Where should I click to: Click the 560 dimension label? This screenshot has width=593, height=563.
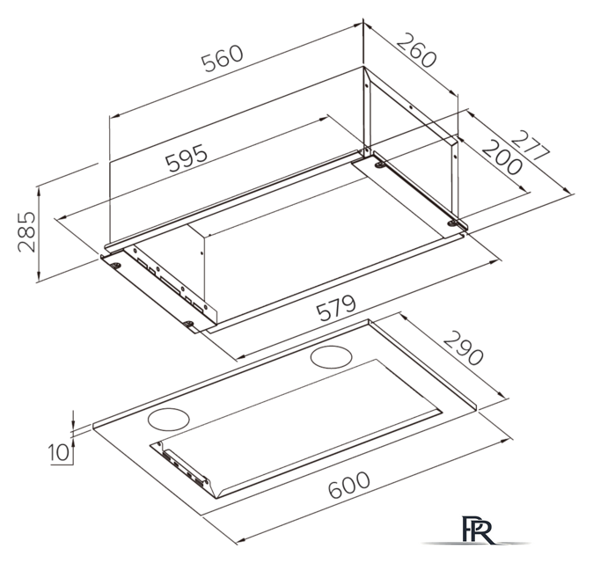(x=222, y=58)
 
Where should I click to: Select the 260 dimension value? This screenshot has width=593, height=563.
(x=417, y=50)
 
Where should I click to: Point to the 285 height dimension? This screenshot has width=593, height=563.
(x=27, y=231)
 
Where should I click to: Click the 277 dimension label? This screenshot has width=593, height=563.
(x=531, y=146)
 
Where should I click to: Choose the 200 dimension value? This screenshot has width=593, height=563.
(x=501, y=157)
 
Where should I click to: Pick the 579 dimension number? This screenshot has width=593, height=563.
(x=336, y=308)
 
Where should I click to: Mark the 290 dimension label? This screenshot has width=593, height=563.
(x=463, y=347)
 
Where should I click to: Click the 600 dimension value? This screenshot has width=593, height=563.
(x=348, y=485)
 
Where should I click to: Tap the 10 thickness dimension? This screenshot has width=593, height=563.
(x=60, y=452)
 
